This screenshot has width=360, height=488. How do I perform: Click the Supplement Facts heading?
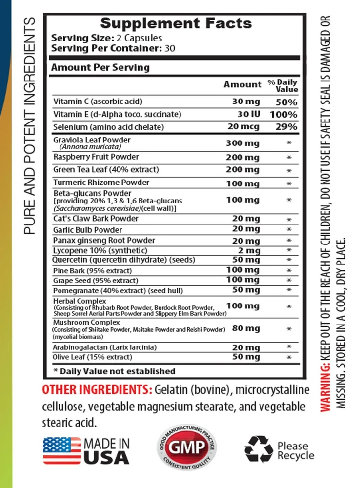pos(177,23)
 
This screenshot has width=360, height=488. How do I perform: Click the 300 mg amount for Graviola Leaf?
pos(242,143)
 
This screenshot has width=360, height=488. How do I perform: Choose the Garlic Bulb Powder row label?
pos(88,229)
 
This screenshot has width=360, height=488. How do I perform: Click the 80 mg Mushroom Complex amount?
pos(246,329)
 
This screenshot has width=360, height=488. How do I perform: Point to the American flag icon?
pos(61,450)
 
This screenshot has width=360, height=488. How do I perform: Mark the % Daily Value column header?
pos(282,86)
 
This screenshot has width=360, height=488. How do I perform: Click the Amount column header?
pos(242,84)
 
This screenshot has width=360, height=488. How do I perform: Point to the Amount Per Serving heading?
pos(101,67)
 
